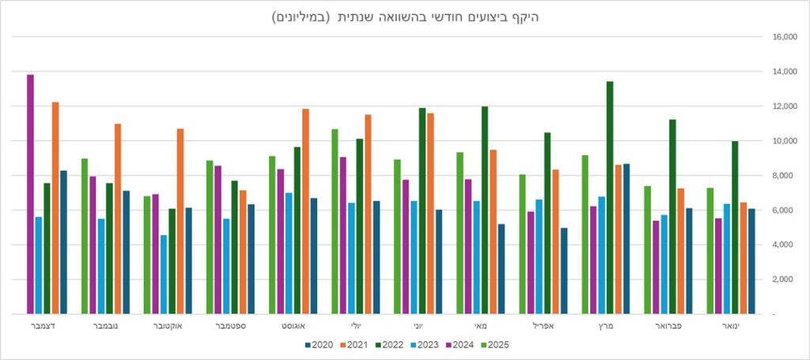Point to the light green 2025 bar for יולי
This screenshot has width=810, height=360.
coord(335,222)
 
